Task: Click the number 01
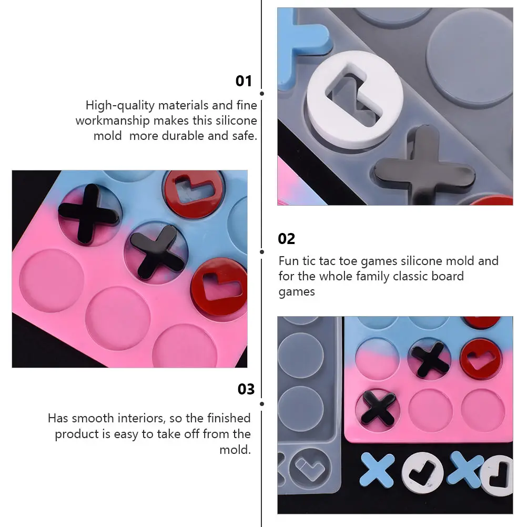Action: (244, 81)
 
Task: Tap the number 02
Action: (287, 239)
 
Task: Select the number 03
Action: (246, 389)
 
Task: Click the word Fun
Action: (289, 261)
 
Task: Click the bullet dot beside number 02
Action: (262, 252)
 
